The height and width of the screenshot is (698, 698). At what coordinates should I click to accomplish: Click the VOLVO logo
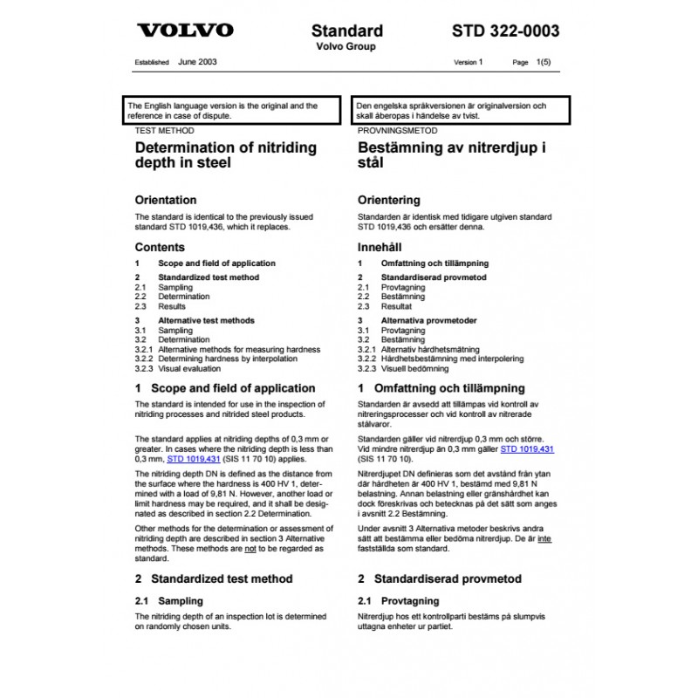tap(186, 31)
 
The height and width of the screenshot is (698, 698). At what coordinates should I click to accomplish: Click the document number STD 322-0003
tap(505, 31)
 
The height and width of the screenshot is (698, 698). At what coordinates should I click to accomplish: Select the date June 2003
tap(197, 63)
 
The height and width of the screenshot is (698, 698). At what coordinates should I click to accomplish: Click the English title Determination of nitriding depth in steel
tap(225, 155)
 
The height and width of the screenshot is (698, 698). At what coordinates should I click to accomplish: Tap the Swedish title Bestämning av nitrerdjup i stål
tap(452, 155)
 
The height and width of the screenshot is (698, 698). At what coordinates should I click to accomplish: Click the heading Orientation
tap(166, 200)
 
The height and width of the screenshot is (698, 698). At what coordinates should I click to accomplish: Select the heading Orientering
tap(389, 200)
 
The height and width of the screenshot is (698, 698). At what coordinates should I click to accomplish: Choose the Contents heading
tap(160, 247)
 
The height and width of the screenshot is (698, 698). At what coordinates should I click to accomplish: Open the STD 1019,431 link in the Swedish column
tap(529, 448)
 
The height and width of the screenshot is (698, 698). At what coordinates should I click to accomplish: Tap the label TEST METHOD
tap(165, 130)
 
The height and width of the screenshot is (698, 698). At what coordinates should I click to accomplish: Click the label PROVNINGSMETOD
tap(398, 130)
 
